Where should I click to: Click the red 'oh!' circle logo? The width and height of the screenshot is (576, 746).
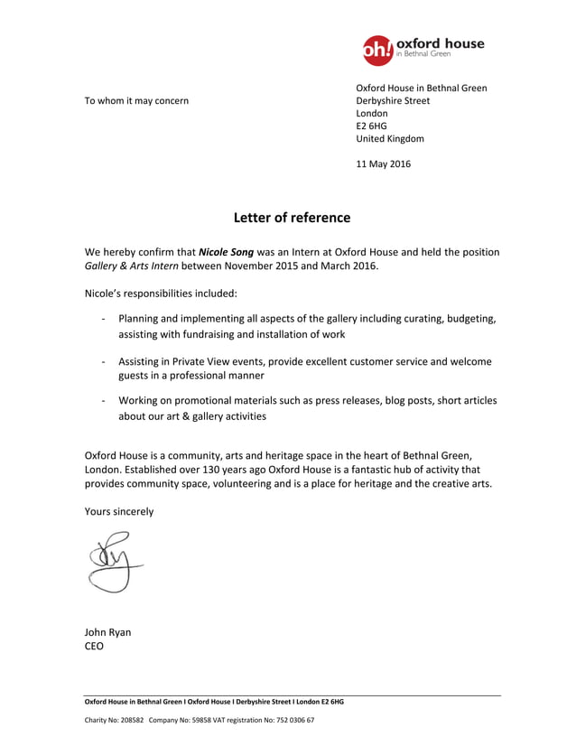coord(377,51)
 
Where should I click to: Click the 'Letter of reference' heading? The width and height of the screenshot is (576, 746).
coord(292,218)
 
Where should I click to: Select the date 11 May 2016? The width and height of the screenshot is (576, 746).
coord(383,164)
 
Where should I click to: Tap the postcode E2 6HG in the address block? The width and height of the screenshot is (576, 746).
coord(371,126)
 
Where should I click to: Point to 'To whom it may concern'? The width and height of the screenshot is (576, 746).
coord(136,100)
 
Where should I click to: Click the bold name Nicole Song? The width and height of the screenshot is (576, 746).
coord(226,252)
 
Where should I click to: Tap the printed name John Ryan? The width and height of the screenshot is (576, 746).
coord(107,632)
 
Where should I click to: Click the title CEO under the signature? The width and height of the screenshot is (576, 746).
coord(94,647)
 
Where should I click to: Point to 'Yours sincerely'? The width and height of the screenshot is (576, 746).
coord(119,511)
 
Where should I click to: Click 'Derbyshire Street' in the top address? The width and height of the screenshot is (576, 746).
coord(393,100)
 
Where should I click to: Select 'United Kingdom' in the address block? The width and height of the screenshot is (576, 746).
coord(390,139)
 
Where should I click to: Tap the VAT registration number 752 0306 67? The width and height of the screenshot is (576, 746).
coord(293,721)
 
